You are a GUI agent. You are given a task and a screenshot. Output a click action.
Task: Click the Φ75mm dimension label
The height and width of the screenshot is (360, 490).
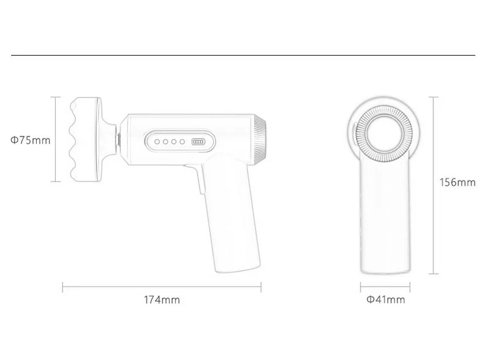pos(30,140)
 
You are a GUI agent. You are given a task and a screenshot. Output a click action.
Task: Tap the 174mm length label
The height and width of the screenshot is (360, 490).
pos(162,300)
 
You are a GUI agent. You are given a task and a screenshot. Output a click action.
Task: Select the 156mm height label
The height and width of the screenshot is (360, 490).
pos(458,182)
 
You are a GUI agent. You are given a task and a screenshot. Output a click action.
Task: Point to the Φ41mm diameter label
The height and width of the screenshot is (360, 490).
pos(386,299)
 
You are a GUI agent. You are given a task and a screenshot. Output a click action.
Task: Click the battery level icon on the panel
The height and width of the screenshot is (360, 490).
pos(198,142)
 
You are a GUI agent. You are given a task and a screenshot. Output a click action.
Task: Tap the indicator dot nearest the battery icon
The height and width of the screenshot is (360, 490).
pos(182,142)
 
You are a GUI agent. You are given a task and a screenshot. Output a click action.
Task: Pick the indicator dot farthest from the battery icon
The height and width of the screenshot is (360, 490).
pos(157,142)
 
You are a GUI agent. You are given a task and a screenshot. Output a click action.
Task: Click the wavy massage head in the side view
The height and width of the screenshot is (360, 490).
pos(85,140)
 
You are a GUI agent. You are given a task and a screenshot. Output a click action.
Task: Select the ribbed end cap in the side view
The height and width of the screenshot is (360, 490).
pos(260,140)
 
